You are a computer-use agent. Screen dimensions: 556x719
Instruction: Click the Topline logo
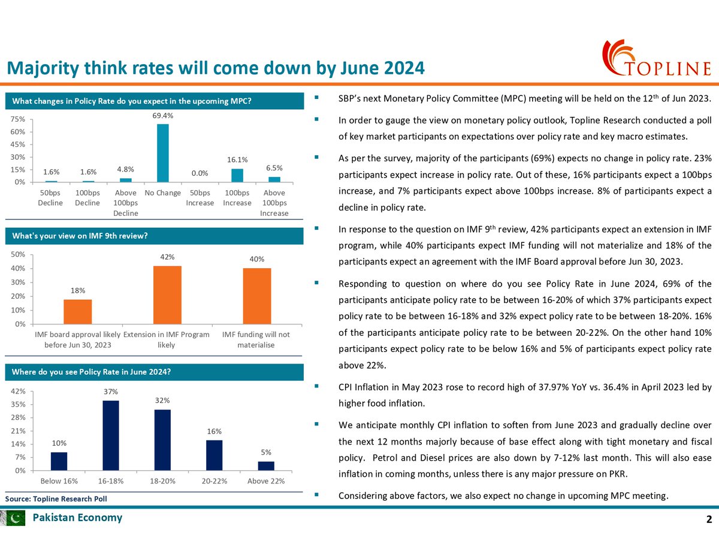pyautogui.click(x=655, y=59)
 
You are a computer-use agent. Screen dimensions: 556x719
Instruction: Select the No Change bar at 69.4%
pyautogui.click(x=163, y=153)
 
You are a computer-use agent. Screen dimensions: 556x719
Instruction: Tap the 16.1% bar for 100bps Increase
pyautogui.click(x=237, y=175)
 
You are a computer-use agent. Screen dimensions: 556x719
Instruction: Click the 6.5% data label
pyautogui.click(x=274, y=168)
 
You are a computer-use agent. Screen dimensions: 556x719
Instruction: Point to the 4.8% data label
pyautogui.click(x=126, y=170)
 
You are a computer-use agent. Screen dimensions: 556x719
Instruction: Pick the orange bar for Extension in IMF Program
pyautogui.click(x=167, y=294)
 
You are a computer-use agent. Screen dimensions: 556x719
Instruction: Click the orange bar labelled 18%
pyautogui.click(x=78, y=311)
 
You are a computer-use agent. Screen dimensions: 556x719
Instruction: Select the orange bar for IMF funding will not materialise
pyautogui.click(x=256, y=296)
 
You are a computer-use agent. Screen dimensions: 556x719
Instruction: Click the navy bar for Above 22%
pyautogui.click(x=266, y=465)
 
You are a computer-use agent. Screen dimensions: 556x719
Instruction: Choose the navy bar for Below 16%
pyautogui.click(x=59, y=461)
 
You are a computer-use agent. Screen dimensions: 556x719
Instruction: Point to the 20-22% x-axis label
pyautogui.click(x=214, y=482)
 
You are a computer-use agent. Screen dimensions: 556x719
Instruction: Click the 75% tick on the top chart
pyautogui.click(x=17, y=119)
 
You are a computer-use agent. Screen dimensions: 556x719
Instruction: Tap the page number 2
pyautogui.click(x=709, y=519)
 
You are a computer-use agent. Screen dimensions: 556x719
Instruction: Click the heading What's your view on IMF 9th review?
pyautogui.click(x=80, y=236)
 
